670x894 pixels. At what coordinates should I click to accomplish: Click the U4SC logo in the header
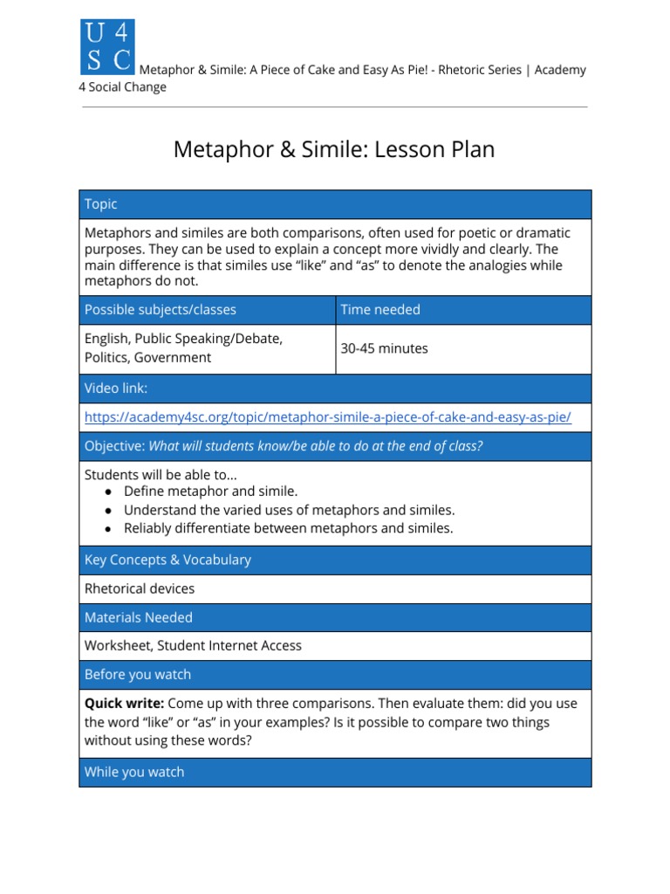107,47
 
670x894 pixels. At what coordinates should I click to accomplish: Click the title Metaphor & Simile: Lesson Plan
334,149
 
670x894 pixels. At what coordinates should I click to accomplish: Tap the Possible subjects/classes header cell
160,310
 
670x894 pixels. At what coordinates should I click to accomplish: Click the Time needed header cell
380,310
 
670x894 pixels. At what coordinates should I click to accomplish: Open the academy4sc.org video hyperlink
327,417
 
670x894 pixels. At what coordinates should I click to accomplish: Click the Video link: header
116,389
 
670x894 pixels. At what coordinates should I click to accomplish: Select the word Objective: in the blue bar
114,446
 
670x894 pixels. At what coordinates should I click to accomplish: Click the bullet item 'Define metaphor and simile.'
210,492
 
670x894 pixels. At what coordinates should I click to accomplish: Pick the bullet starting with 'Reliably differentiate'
288,528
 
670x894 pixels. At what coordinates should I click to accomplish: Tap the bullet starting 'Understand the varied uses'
289,510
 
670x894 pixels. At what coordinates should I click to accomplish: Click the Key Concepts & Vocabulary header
167,560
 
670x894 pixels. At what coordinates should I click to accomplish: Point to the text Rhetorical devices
140,588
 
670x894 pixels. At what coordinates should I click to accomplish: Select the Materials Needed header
138,617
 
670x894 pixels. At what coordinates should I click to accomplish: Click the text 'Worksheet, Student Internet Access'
193,646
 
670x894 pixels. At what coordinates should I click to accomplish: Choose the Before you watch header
138,675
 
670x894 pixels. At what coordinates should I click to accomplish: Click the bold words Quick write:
124,704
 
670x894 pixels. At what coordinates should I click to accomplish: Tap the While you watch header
134,772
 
